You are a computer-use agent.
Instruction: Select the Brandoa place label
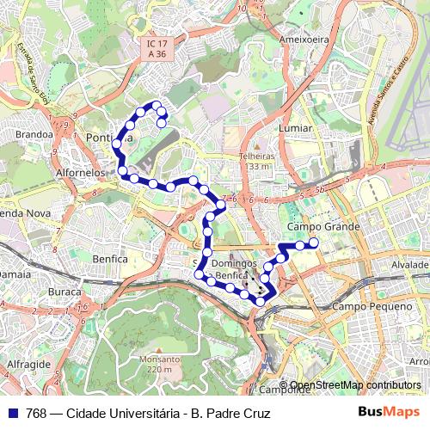tap(34, 135)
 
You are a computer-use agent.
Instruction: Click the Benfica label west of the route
tap(109, 258)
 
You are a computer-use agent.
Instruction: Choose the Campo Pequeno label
tap(362, 306)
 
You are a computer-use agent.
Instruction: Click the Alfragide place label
tap(26, 365)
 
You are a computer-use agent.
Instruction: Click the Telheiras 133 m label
tap(256, 161)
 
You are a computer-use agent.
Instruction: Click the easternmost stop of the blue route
tap(314, 243)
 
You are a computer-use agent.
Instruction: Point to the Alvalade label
tap(410, 267)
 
